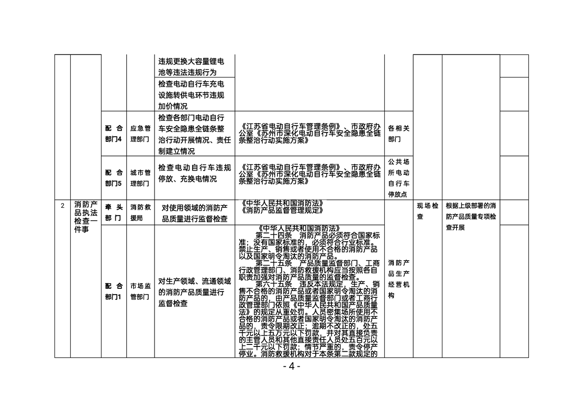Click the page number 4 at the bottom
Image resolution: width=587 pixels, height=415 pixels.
(292, 366)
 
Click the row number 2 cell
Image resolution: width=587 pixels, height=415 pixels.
(62, 206)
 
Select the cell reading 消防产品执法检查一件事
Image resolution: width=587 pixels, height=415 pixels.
(86, 217)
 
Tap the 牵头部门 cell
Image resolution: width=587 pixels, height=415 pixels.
(114, 212)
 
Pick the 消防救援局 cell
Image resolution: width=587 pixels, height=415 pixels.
(140, 212)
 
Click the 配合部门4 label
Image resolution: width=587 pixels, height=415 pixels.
(114, 133)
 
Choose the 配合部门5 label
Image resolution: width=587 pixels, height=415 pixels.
(114, 178)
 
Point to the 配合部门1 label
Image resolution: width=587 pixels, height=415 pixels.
(114, 291)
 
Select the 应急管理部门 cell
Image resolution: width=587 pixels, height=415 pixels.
(140, 133)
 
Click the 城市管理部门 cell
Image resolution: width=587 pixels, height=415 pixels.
(140, 178)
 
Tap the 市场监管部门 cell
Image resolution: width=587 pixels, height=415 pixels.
(140, 291)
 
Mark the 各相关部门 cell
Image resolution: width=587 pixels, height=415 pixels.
(398, 133)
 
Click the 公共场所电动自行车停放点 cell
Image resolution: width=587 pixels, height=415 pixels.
(398, 178)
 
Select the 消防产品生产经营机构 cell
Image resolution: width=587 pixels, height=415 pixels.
(398, 279)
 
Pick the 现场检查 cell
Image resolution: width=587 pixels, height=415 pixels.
(427, 211)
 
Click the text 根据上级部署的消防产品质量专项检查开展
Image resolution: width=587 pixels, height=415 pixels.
(471, 217)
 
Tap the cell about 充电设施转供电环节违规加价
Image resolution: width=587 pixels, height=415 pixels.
(191, 95)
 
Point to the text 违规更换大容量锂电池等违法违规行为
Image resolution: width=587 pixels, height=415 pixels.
(191, 67)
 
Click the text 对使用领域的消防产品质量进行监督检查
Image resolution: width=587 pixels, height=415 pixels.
(195, 213)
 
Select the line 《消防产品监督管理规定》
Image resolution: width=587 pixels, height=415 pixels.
(283, 210)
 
